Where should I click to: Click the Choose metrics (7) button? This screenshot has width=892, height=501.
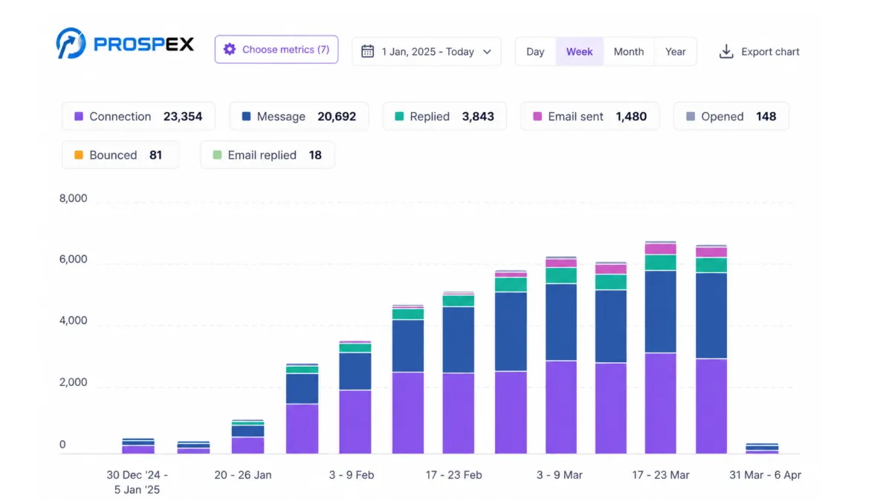pyautogui.click(x=277, y=49)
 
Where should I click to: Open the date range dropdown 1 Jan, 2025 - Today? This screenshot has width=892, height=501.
pyautogui.click(x=427, y=52)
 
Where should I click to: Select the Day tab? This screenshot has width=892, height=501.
pyautogui.click(x=535, y=52)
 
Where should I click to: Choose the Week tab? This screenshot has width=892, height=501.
pyautogui.click(x=579, y=52)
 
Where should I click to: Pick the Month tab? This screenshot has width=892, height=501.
pyautogui.click(x=629, y=52)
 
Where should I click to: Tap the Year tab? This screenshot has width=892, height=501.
pyautogui.click(x=676, y=52)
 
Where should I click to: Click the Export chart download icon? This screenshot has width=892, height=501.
pyautogui.click(x=726, y=52)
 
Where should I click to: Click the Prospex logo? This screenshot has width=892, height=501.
pyautogui.click(x=125, y=43)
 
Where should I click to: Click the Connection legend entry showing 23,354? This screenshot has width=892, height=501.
pyautogui.click(x=138, y=117)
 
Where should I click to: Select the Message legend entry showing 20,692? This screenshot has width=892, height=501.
pyautogui.click(x=299, y=117)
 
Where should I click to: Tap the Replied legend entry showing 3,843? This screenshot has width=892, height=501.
pyautogui.click(x=445, y=117)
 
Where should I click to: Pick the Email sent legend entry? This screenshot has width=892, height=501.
pyautogui.click(x=589, y=117)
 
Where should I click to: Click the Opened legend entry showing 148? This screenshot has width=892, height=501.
pyautogui.click(x=731, y=117)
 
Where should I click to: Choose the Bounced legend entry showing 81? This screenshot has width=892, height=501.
pyautogui.click(x=120, y=155)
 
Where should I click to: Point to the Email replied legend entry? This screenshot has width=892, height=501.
pyautogui.click(x=268, y=155)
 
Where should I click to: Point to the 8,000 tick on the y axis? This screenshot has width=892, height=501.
pyautogui.click(x=74, y=198)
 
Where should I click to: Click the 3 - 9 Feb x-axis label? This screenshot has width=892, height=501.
pyautogui.click(x=352, y=475)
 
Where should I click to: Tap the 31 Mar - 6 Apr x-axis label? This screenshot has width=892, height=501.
pyautogui.click(x=766, y=475)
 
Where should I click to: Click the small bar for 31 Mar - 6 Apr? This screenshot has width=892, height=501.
pyautogui.click(x=762, y=448)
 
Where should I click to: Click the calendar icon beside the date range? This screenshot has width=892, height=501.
pyautogui.click(x=367, y=51)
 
